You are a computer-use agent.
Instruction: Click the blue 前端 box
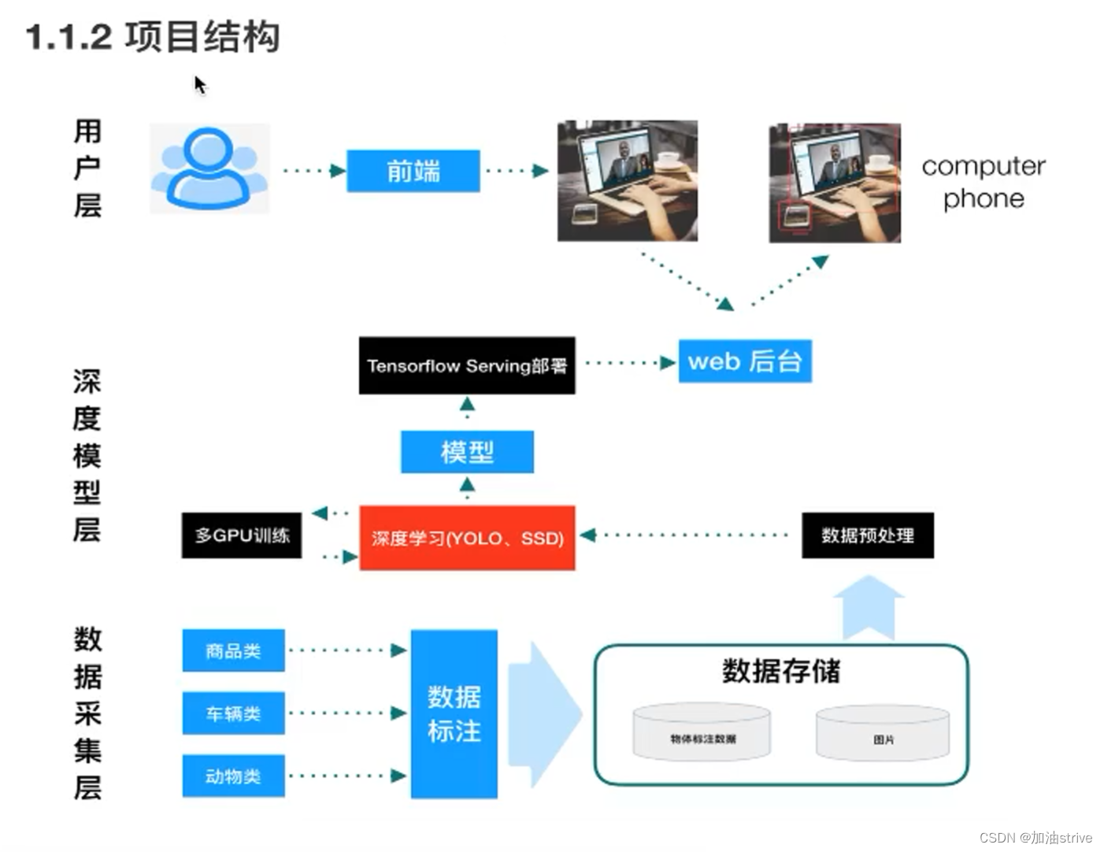coord(413,171)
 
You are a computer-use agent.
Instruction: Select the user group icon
coord(209,169)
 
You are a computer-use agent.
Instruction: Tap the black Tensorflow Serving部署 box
coord(467,365)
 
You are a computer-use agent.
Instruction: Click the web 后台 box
coord(745,361)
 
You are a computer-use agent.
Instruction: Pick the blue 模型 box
coord(467,452)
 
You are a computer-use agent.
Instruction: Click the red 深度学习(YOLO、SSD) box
coord(467,538)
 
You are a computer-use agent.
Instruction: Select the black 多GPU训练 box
coord(242,535)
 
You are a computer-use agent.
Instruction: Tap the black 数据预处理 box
coord(867,535)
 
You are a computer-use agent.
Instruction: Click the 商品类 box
coord(233,650)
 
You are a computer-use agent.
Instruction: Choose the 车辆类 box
coord(233,713)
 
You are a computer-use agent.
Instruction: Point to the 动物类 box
coord(233,776)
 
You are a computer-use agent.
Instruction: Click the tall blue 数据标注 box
coord(454,714)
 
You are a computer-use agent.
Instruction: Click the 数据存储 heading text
coord(780,671)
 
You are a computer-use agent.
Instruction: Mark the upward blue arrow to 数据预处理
coord(868,608)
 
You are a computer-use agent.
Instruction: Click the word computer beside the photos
coord(983,166)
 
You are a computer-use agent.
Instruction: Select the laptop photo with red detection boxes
coord(835,183)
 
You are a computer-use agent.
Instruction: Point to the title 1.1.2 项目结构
coord(153,37)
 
